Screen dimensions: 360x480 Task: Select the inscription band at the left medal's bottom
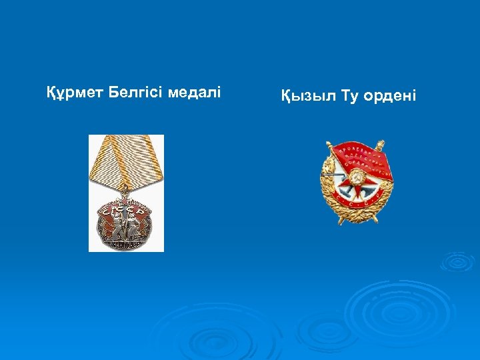[126, 245]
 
